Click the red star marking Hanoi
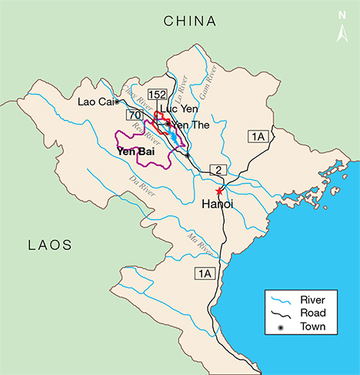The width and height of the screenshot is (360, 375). point(219,191)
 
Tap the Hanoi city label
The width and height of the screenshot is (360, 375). point(217,204)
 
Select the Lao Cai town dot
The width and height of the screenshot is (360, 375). point(116,101)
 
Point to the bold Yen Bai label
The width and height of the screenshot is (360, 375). point(133,151)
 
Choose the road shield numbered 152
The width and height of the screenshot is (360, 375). point(157,95)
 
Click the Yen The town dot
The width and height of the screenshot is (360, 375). point(168,124)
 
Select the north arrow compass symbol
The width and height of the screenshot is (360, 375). point(342,27)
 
